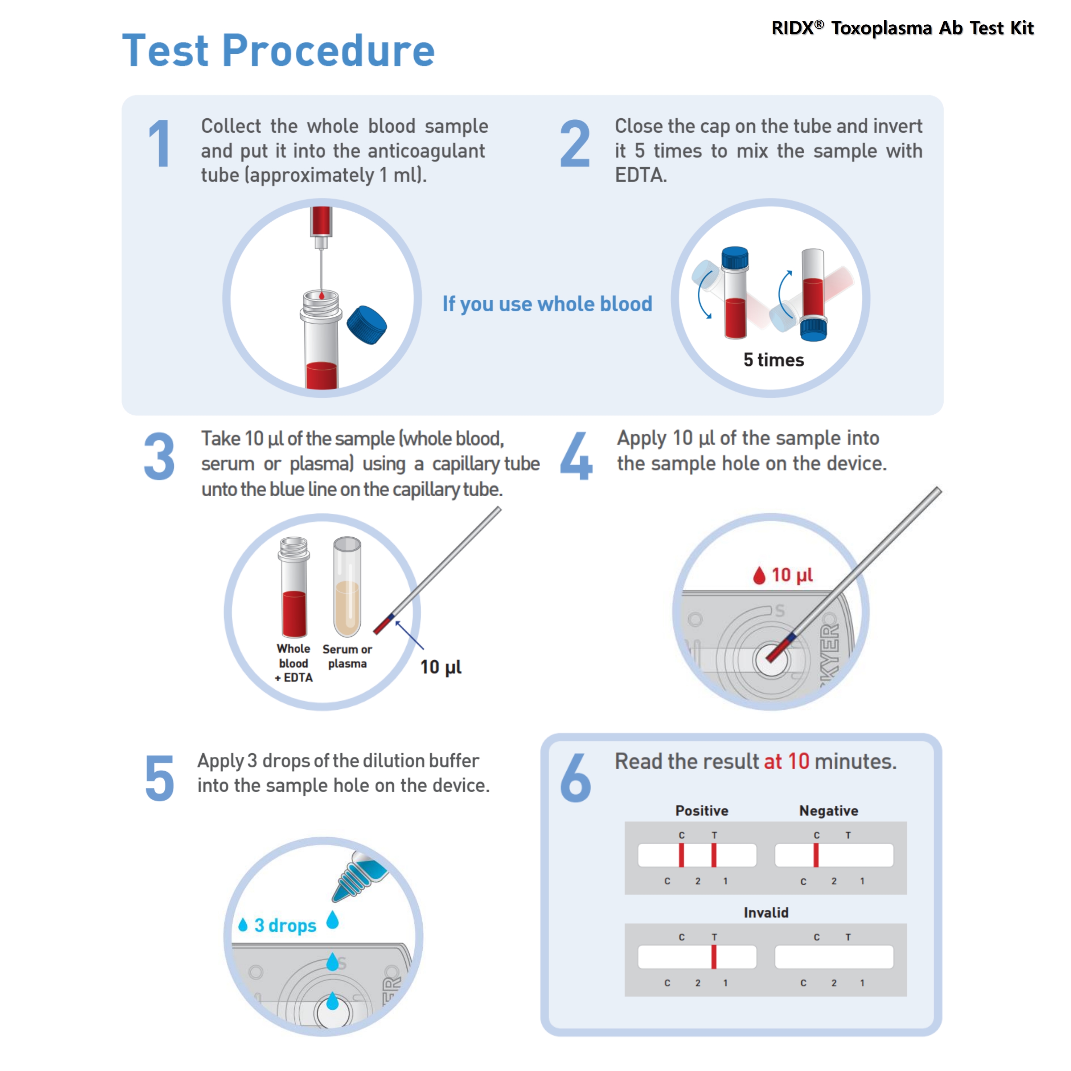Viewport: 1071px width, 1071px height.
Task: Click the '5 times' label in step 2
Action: (773, 360)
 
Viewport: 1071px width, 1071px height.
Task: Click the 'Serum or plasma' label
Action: (347, 656)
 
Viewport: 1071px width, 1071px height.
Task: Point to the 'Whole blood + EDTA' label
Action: (294, 663)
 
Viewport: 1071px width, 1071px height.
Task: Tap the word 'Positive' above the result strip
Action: (701, 811)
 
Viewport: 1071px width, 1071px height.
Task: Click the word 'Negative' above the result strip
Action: (828, 811)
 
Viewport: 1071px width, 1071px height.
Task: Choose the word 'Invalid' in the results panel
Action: (766, 912)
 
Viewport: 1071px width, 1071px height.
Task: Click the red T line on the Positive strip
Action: (714, 855)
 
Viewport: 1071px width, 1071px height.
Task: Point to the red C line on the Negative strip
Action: (816, 855)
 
